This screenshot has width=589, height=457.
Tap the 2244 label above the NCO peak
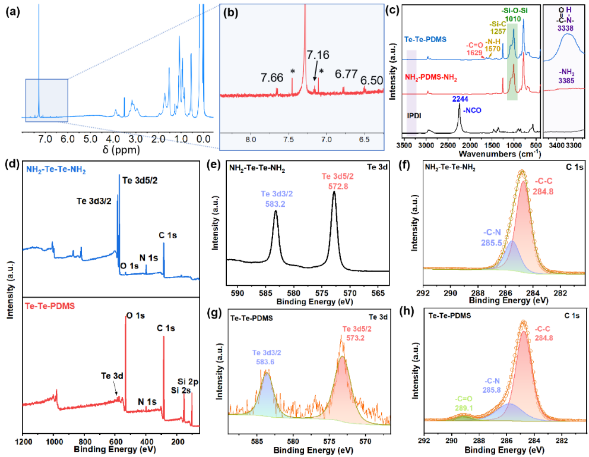[x=461, y=99]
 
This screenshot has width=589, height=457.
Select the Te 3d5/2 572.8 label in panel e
[x=334, y=181]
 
